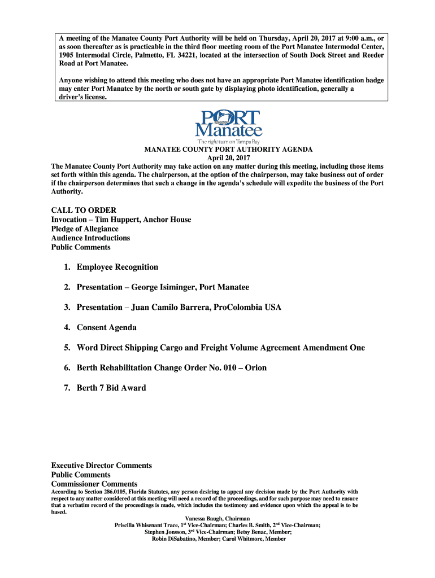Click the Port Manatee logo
(x=228, y=125)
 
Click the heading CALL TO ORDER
(x=84, y=211)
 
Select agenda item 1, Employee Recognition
(x=118, y=267)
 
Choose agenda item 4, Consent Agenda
(x=107, y=327)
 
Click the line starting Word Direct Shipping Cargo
(x=220, y=348)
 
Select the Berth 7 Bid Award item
(x=111, y=388)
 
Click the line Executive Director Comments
(x=102, y=466)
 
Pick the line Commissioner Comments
(x=94, y=484)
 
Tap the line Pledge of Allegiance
(x=85, y=229)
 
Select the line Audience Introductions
(x=90, y=238)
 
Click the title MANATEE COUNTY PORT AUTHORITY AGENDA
(x=228, y=150)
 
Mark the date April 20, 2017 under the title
(x=228, y=158)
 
